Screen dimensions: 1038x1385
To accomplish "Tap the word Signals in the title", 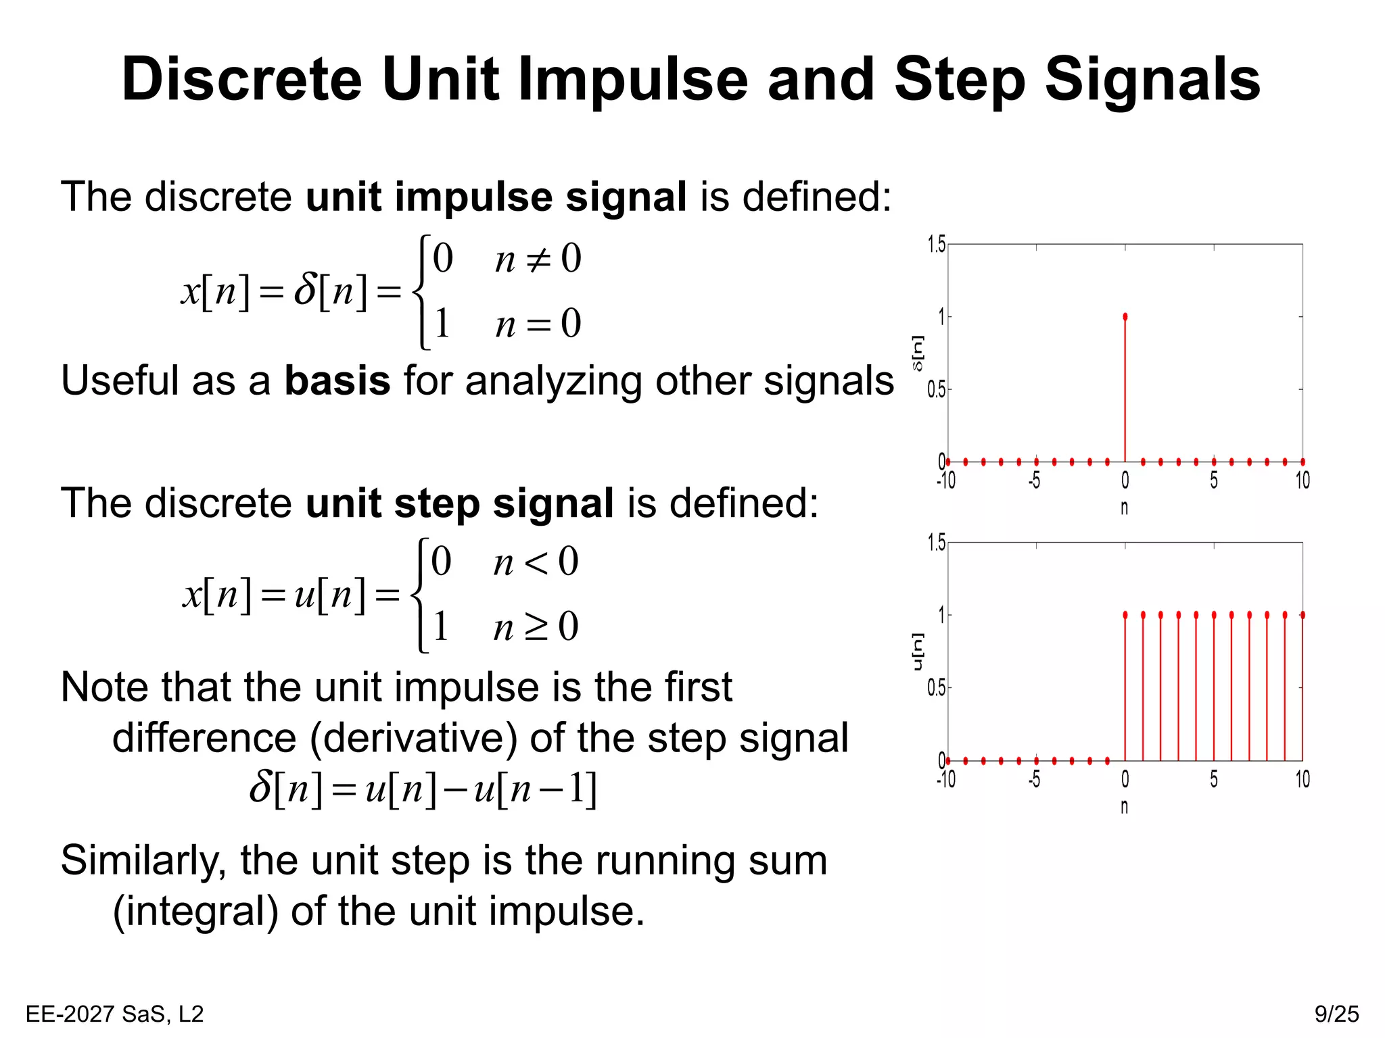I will click(x=1152, y=80).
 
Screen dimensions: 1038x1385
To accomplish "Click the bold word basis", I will click(x=337, y=380).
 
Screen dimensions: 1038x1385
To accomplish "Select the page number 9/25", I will click(x=1336, y=1014).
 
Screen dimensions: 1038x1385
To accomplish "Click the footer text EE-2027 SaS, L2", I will click(x=114, y=1014).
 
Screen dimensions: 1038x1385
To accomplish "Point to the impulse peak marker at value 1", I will click(x=1125, y=316).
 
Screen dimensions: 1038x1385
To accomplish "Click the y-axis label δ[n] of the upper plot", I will click(x=918, y=353).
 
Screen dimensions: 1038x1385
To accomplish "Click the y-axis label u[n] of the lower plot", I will click(x=918, y=651).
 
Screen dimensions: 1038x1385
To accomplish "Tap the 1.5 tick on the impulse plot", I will click(x=937, y=245).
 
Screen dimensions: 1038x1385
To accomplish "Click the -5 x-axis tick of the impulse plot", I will click(x=1034, y=480).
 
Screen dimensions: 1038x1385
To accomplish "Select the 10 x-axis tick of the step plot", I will click(x=1302, y=780).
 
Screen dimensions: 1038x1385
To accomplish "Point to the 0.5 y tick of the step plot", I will click(x=937, y=689).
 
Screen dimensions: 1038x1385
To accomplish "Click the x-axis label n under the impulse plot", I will click(x=1124, y=508).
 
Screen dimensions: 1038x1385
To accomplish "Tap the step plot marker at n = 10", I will click(x=1302, y=615).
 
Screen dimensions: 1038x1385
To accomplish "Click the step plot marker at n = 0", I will click(x=1125, y=615).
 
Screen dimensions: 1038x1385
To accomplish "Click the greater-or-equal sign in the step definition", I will click(x=536, y=628).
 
